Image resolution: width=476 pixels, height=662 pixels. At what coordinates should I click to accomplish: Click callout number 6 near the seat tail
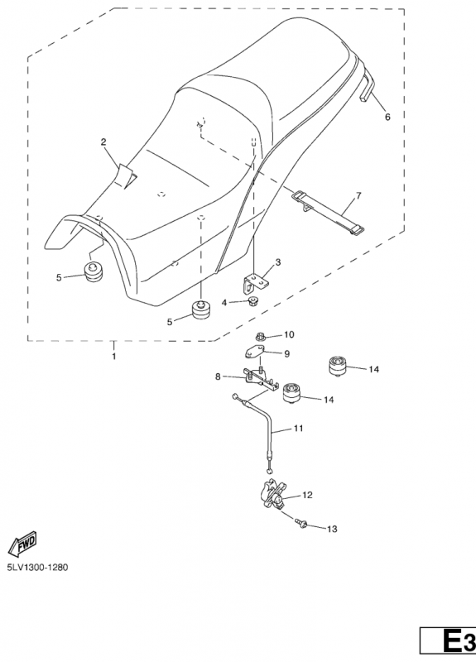387,117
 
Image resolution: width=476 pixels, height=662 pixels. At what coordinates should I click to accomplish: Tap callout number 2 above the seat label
103,142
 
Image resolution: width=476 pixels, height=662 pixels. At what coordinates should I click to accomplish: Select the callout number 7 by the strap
358,195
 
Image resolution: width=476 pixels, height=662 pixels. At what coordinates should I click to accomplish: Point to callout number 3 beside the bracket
277,262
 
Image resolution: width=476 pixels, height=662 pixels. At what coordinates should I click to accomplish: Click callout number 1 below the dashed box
113,357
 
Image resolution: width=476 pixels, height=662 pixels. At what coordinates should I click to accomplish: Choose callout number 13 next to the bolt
333,529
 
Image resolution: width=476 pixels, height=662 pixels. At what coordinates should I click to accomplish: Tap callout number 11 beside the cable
299,428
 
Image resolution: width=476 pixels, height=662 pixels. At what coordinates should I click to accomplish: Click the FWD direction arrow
23,543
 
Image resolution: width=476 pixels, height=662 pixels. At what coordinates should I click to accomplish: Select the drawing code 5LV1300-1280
37,567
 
